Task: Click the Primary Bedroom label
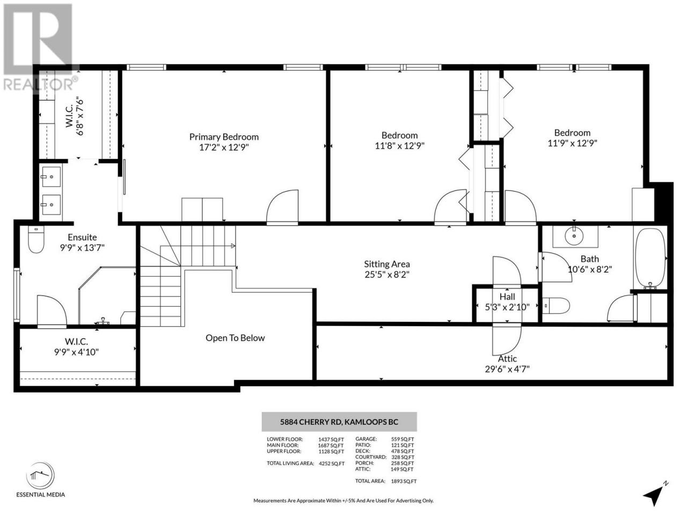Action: (224, 137)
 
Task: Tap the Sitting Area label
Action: (387, 264)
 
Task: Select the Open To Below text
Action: (235, 338)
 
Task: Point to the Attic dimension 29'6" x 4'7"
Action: (507, 369)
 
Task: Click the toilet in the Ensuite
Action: (36, 239)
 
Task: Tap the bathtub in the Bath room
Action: (651, 259)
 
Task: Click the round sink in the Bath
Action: (574, 236)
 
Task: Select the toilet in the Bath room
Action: (556, 305)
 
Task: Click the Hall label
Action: (507, 297)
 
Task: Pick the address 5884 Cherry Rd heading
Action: (339, 422)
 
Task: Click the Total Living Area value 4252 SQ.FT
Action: (332, 464)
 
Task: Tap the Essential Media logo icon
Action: (40, 476)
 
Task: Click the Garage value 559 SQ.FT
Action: (402, 439)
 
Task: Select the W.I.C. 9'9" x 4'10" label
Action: (76, 347)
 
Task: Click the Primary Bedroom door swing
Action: (282, 207)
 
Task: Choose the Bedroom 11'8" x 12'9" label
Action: (399, 141)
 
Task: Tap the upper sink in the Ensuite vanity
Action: (52, 176)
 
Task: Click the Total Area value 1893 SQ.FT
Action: (404, 481)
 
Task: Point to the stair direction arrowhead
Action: (233, 246)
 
